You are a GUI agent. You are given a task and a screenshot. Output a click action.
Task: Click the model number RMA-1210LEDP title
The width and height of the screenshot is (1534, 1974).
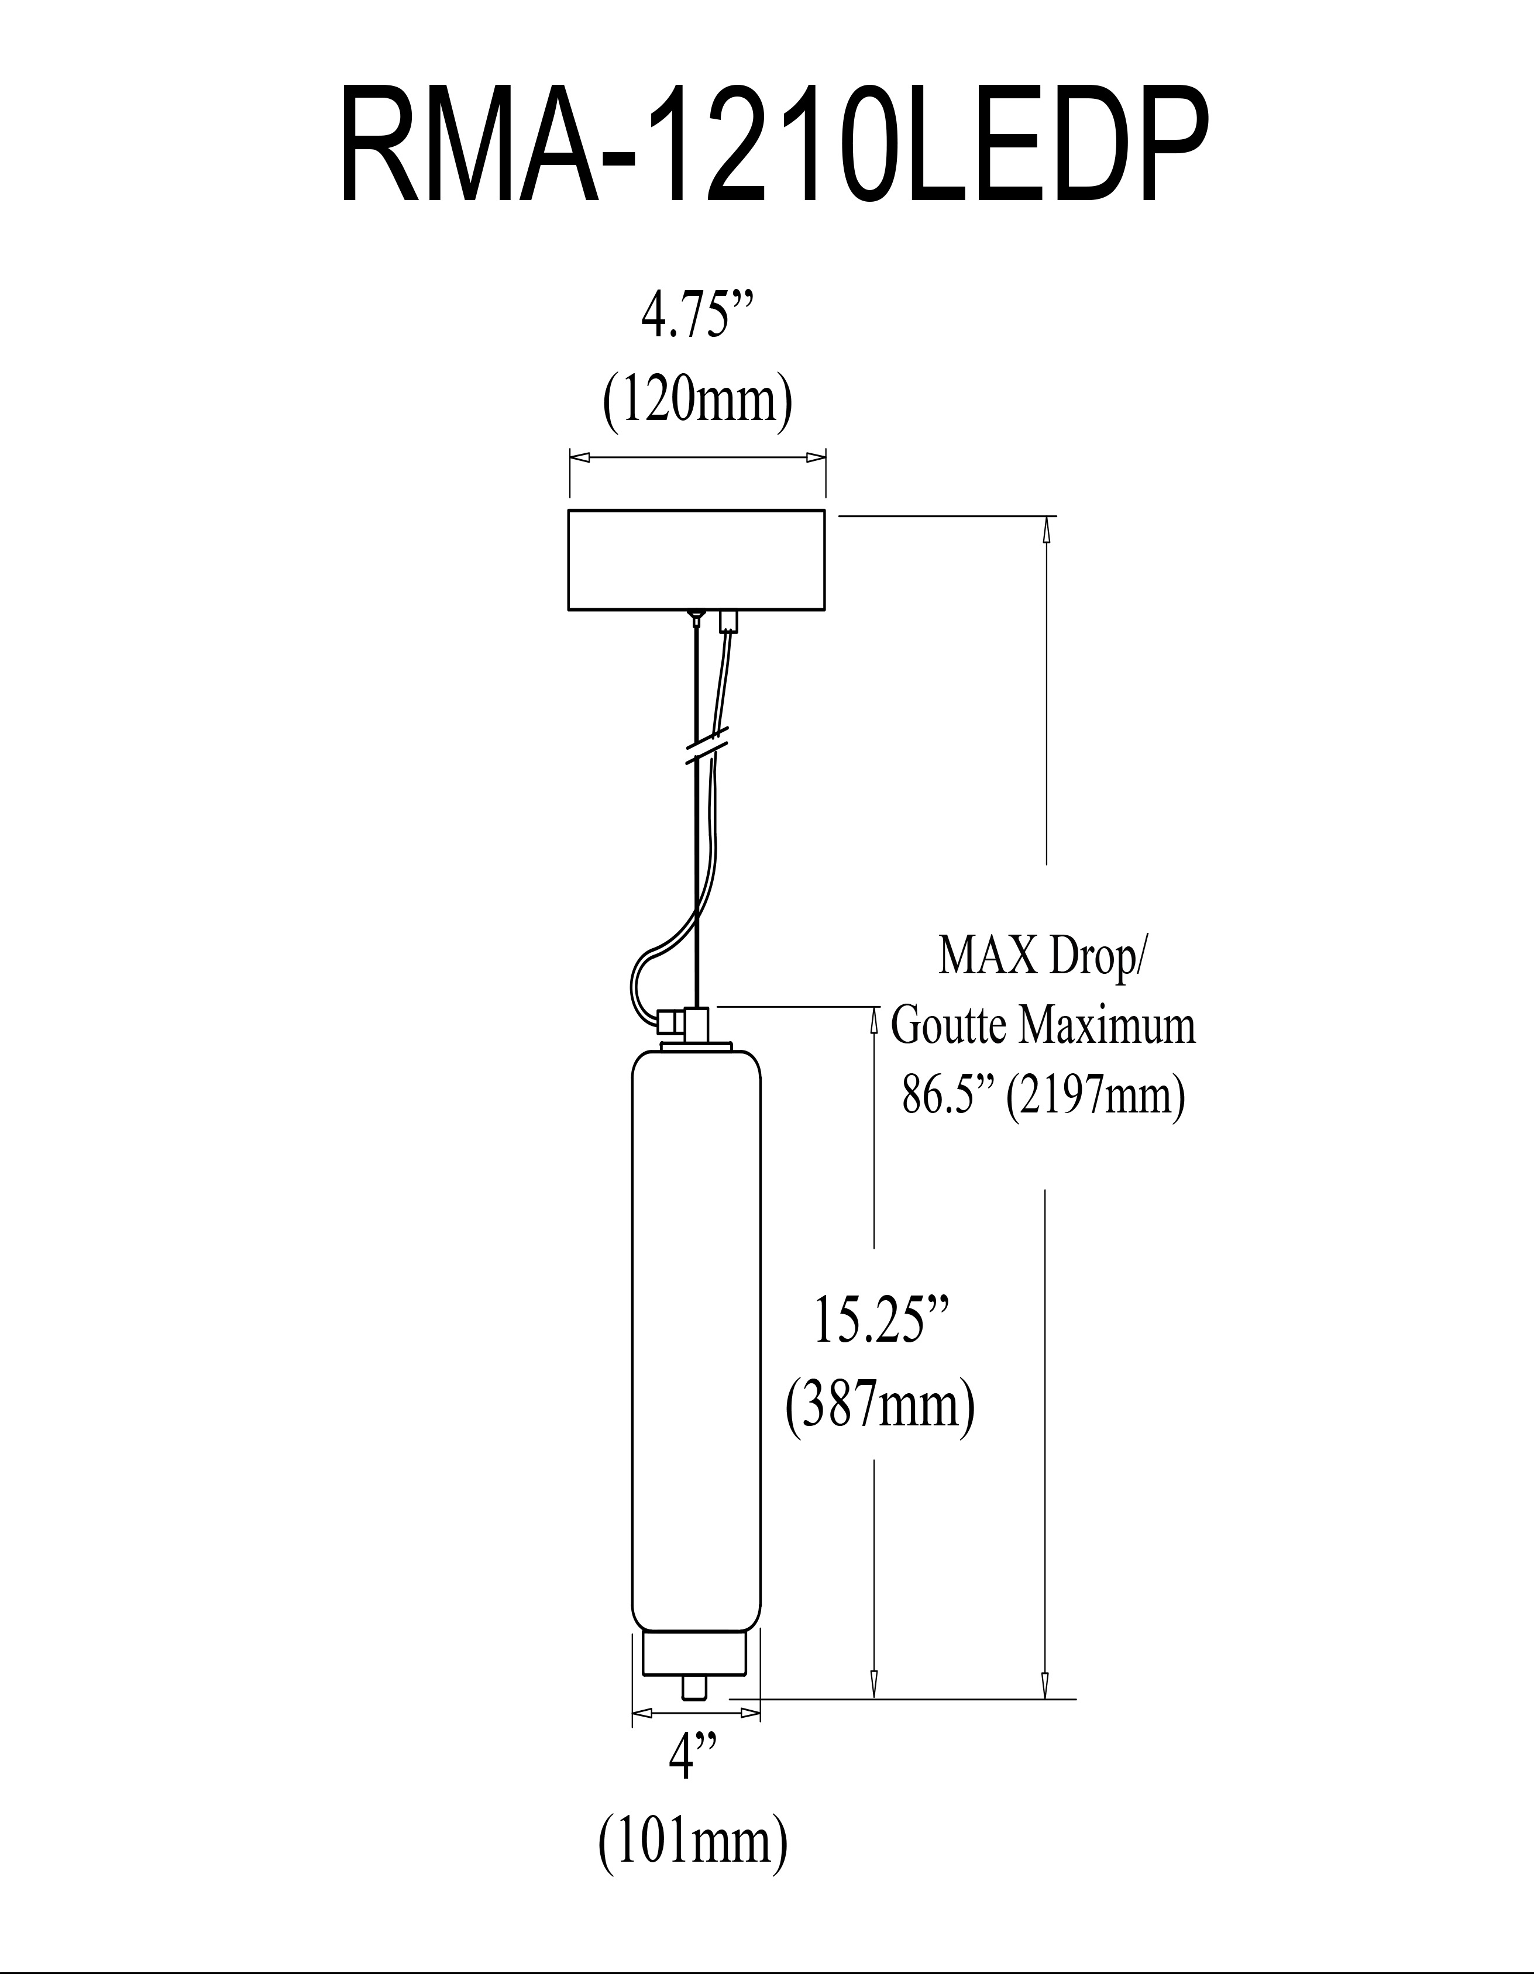[775, 146]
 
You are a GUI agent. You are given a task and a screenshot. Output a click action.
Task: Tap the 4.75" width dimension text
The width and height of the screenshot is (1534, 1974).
[685, 316]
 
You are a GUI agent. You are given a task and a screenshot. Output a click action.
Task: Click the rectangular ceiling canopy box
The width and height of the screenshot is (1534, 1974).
[696, 560]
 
